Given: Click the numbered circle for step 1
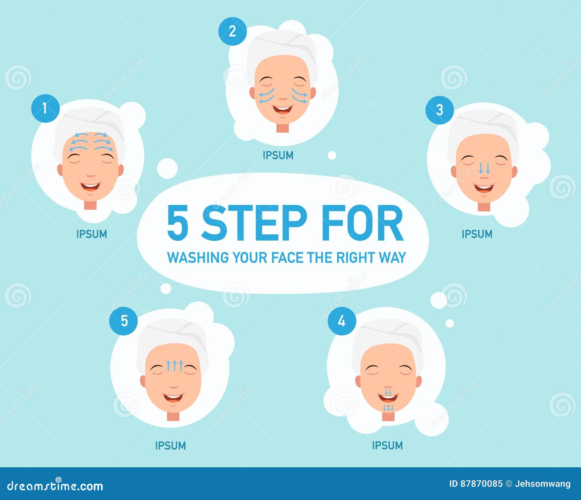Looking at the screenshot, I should (x=45, y=108).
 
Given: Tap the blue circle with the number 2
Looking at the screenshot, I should (x=232, y=31).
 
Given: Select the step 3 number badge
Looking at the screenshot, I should (x=439, y=110).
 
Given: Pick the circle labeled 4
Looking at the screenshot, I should (x=342, y=321).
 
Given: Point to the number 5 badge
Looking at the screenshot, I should (x=124, y=321).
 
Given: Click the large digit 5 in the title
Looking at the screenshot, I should (x=178, y=223).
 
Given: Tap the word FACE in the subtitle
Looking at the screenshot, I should (x=287, y=258).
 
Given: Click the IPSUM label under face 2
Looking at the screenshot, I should (x=278, y=155).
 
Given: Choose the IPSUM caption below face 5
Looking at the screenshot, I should (x=170, y=445).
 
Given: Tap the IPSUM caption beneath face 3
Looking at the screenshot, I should (x=477, y=234).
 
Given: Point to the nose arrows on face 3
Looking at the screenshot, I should (x=484, y=168).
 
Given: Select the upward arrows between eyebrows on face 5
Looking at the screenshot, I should (x=175, y=365).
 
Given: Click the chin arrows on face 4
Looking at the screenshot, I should (x=389, y=408).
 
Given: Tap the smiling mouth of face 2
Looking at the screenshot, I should (x=283, y=109).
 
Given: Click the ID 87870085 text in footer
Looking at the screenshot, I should (x=476, y=484).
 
